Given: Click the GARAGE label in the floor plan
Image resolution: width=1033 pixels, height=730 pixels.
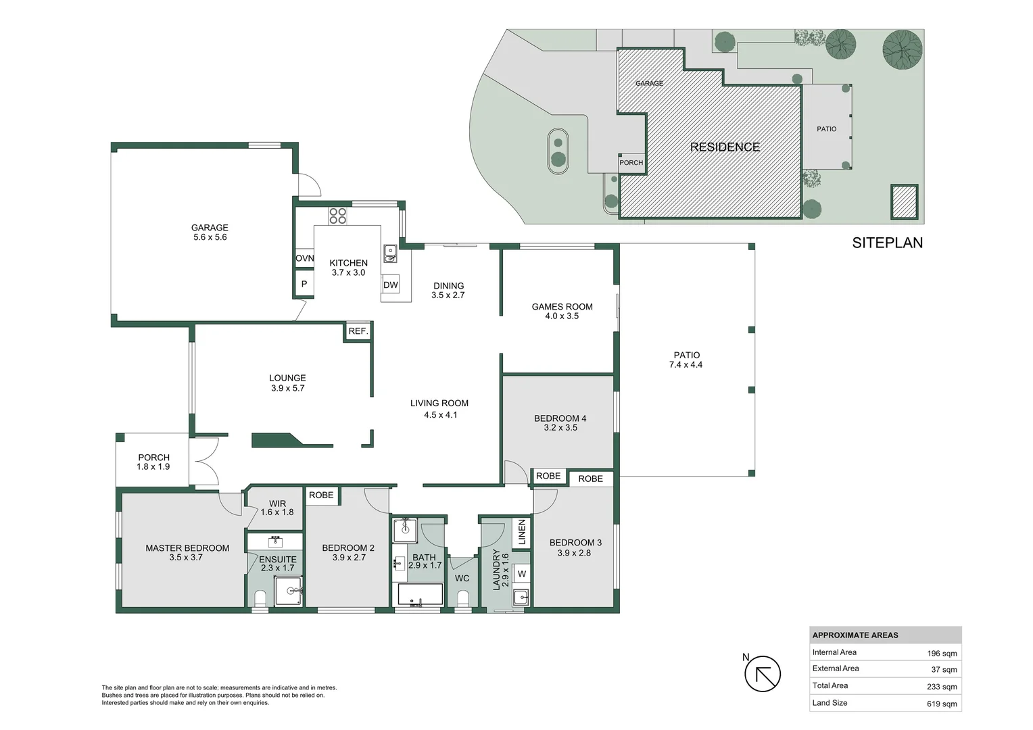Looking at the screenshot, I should click(209, 228).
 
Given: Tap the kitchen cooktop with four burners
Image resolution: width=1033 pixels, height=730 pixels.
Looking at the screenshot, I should click(337, 216).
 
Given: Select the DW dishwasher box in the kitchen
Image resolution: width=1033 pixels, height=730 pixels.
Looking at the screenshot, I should click(391, 285).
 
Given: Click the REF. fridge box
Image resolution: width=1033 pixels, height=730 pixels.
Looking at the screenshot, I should click(358, 331).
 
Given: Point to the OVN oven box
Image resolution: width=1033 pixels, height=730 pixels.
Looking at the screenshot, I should click(304, 258).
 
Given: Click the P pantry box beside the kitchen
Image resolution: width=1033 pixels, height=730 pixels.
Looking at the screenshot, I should click(304, 285).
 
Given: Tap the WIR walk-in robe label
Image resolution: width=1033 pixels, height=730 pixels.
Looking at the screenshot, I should click(277, 504).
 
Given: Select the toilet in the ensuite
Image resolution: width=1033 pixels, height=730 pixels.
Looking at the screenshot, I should click(260, 598).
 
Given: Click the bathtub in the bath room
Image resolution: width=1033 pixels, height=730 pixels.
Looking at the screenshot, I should click(420, 595).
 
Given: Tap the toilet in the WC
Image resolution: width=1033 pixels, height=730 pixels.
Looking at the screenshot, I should click(463, 598).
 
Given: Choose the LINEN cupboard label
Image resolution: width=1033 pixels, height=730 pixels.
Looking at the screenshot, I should click(521, 533).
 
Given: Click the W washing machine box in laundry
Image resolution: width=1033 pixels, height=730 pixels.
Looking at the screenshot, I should click(521, 574).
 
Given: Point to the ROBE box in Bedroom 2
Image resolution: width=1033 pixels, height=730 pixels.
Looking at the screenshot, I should click(321, 495).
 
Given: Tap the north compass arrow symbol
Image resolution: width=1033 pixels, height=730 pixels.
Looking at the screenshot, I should click(763, 674).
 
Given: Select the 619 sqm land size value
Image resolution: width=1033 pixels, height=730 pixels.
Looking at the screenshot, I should click(942, 704).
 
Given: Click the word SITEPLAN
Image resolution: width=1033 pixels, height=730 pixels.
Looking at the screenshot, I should click(887, 243).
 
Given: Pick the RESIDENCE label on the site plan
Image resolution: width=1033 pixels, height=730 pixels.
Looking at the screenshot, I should click(725, 147).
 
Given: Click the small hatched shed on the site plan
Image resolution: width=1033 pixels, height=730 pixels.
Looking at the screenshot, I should click(904, 201).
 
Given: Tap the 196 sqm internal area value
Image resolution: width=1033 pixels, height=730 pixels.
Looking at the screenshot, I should click(942, 654).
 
